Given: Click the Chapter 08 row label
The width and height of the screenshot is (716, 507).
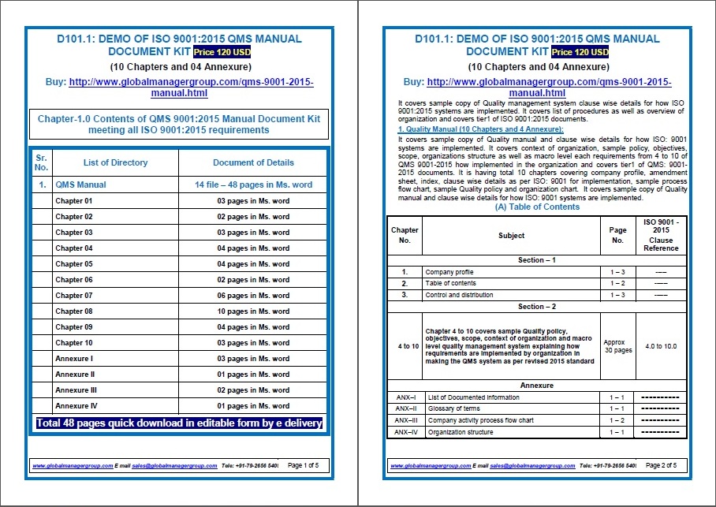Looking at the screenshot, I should [x=74, y=311].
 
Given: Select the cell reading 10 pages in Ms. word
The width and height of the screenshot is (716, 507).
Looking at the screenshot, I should [x=253, y=311].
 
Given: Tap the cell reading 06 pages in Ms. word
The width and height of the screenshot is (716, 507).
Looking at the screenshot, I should [x=253, y=296].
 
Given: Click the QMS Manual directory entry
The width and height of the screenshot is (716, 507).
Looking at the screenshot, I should [x=80, y=185].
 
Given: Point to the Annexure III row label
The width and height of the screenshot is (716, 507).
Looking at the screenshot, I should [x=75, y=390].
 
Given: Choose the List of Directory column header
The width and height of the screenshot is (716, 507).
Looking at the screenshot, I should [x=115, y=162].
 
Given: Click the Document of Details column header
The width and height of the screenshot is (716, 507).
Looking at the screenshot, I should [x=253, y=162].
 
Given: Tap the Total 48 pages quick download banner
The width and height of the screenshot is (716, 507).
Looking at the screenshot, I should [x=179, y=423].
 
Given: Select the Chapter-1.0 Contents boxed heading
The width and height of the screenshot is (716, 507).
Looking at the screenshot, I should [x=179, y=125].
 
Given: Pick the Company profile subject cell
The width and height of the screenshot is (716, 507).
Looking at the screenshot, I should [x=449, y=272].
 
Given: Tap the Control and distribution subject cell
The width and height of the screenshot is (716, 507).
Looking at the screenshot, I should [x=459, y=295].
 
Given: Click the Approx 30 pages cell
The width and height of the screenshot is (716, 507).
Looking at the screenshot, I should [x=617, y=346].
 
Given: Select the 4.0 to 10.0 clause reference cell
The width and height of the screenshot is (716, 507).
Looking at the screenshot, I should [x=661, y=346].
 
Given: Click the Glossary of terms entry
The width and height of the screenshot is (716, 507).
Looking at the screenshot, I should [x=454, y=408].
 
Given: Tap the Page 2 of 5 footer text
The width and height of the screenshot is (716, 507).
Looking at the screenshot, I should [x=661, y=466].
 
